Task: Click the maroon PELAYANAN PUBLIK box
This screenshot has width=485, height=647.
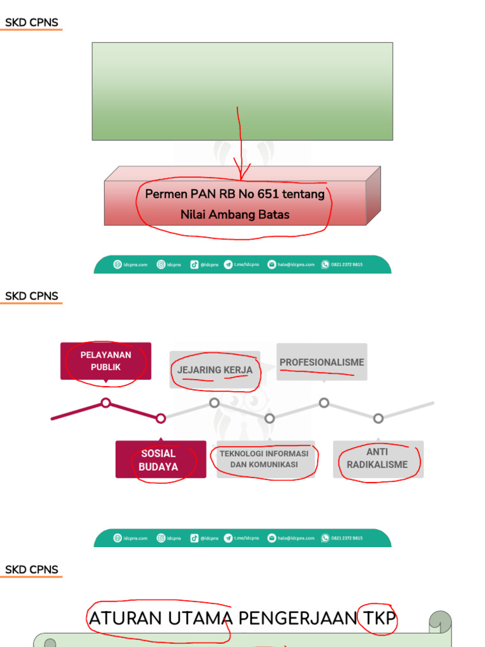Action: click(x=105, y=361)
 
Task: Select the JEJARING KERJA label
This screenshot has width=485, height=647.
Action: click(x=215, y=370)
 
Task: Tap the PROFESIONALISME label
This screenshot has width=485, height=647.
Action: click(x=321, y=362)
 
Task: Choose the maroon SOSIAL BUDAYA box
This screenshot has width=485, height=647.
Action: click(x=160, y=460)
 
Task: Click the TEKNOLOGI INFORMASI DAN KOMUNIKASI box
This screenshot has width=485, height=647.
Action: click(x=265, y=459)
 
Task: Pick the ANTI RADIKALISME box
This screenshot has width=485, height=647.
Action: click(x=378, y=459)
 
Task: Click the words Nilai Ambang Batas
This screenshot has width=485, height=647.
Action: click(x=235, y=215)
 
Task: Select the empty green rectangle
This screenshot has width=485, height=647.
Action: click(x=242, y=91)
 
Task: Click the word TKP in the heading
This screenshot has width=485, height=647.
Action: click(x=377, y=618)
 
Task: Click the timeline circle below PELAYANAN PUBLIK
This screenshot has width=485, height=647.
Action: click(x=106, y=402)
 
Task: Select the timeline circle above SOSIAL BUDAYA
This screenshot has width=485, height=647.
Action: click(x=161, y=418)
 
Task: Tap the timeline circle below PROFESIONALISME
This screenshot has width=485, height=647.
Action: click(x=324, y=402)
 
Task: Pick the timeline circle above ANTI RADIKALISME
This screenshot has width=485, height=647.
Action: click(x=378, y=418)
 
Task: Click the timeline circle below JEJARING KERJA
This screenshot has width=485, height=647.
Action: click(x=215, y=402)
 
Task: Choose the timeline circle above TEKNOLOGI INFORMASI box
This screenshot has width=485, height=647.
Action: click(x=270, y=418)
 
